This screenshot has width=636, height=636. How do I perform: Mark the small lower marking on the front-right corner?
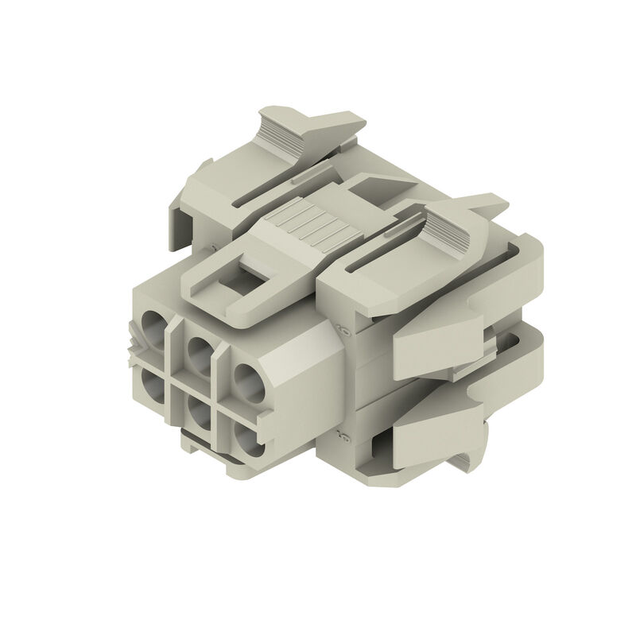(344, 434)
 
